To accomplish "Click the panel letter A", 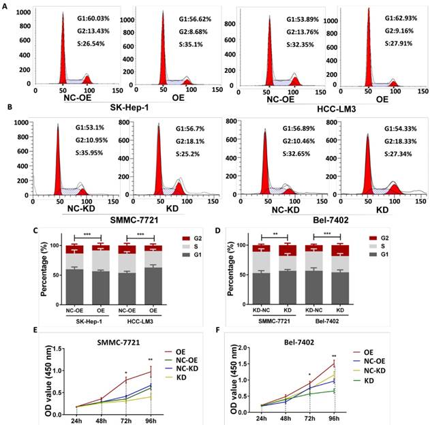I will coord(6,4).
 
